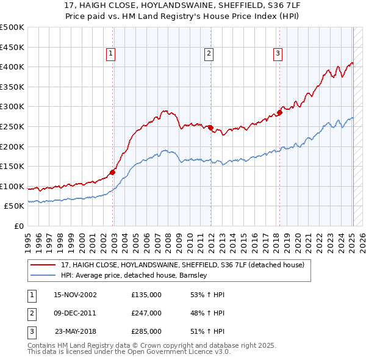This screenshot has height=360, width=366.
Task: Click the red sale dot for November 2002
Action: click(113, 172)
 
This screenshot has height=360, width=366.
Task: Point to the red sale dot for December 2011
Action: click(210, 128)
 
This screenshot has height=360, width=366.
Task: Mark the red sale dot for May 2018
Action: click(280, 112)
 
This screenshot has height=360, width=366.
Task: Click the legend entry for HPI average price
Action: click(134, 275)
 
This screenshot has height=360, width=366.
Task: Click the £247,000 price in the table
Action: click(146, 313)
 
